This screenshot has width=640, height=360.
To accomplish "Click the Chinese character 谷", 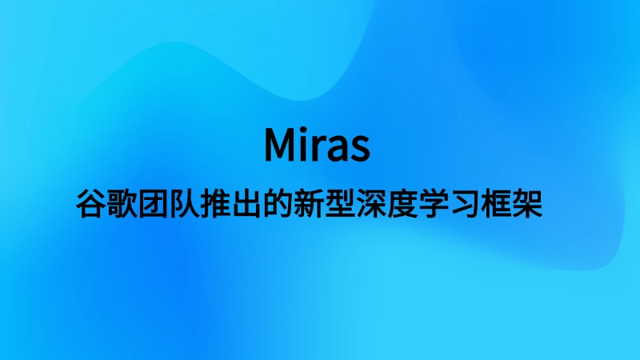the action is click(91, 203).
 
